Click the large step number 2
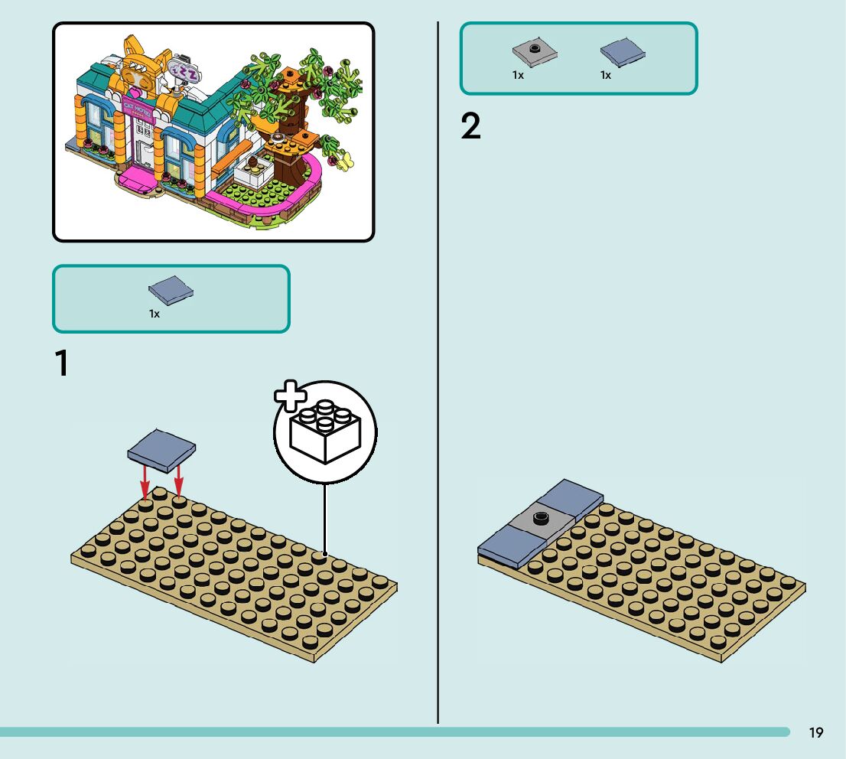471,127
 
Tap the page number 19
816,733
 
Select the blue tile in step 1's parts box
171,291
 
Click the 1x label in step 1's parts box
155,314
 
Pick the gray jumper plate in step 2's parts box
535,51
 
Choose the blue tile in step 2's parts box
623,52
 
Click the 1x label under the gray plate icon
518,75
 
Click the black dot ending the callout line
325,553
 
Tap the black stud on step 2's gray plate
542,516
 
